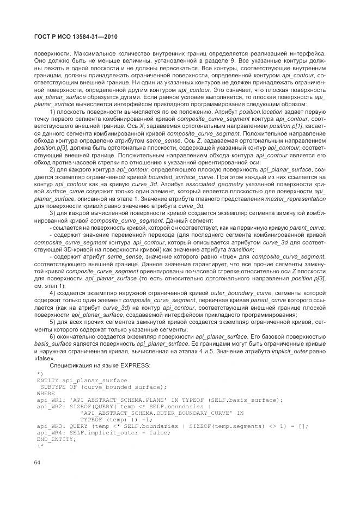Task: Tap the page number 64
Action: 39,463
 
